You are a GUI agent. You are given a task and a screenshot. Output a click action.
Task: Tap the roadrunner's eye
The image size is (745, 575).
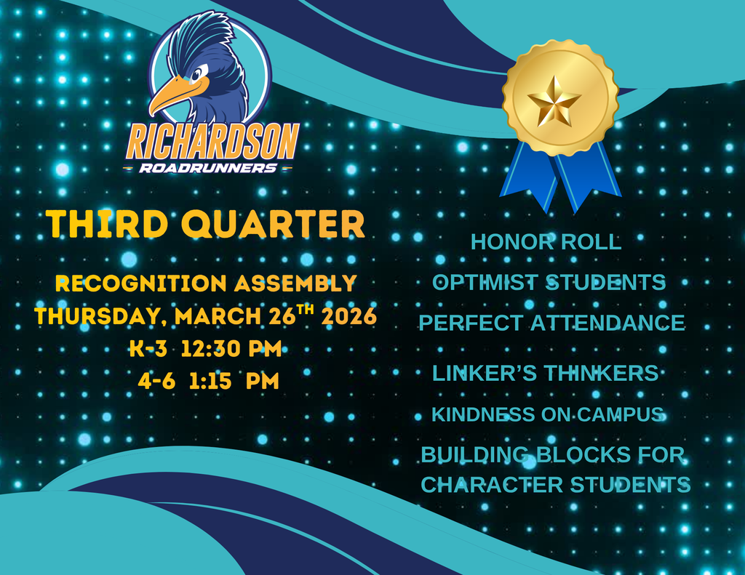tap(196, 73)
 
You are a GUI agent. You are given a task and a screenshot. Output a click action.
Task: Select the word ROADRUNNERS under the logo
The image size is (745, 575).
tap(208, 168)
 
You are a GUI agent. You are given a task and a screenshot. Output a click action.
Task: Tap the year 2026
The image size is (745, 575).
tap(351, 317)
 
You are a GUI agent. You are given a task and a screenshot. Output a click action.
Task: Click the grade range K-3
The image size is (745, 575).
tap(148, 349)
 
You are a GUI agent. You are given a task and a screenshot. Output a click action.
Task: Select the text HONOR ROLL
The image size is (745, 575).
tap(546, 242)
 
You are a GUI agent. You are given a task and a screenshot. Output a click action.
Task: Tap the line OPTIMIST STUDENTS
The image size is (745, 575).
tap(549, 282)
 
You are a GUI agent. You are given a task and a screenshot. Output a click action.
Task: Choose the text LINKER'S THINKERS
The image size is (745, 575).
tap(545, 373)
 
